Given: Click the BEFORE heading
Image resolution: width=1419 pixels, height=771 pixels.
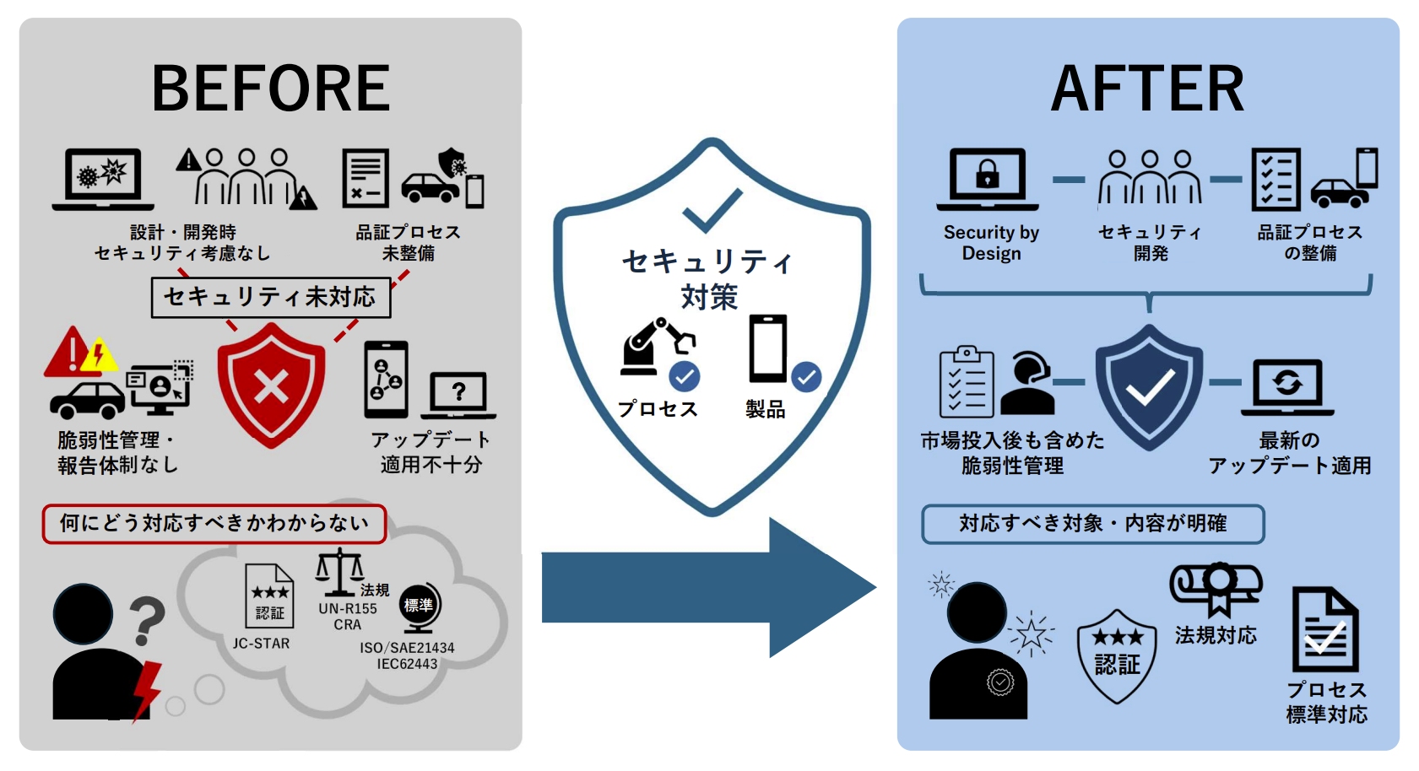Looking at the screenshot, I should [x=270, y=89].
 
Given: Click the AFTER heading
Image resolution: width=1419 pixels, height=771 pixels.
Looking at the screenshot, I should [x=1147, y=89].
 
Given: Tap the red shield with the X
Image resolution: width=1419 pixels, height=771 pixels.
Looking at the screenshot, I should [x=271, y=385].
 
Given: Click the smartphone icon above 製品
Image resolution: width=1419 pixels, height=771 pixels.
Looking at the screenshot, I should [x=768, y=348].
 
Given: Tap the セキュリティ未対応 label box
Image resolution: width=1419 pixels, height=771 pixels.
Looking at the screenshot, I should [x=271, y=298].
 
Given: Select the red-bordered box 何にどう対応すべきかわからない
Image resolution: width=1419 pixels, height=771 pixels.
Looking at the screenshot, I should [x=214, y=524].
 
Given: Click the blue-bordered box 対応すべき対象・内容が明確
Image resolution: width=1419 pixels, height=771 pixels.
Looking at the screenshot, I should [x=1092, y=524].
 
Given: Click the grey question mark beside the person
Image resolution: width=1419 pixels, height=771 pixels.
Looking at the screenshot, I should [x=147, y=621].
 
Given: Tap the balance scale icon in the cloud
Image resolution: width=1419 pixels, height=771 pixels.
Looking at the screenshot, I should [x=339, y=573].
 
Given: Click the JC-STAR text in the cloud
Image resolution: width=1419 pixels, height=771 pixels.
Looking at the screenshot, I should [x=261, y=644].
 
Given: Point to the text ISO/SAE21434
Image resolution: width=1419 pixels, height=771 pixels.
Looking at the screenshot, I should [x=407, y=648].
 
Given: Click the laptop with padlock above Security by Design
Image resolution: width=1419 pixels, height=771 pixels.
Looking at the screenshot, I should [x=988, y=179].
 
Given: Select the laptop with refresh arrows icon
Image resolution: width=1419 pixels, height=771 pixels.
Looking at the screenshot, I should [x=1287, y=387].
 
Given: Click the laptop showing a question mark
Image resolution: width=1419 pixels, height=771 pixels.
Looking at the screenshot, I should [x=458, y=393].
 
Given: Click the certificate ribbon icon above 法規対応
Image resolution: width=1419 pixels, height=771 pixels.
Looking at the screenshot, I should [x=1216, y=587].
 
